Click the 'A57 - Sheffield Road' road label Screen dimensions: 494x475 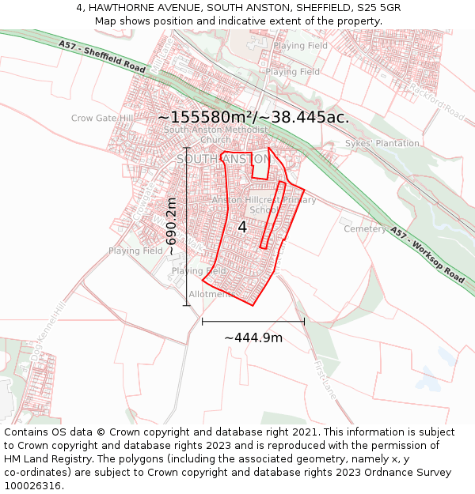click(102, 57)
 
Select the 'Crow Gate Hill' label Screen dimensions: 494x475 click(102, 119)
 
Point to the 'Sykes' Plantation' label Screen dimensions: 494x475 click(382, 144)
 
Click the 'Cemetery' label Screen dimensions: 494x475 click(363, 229)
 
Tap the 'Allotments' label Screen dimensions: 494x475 click(211, 295)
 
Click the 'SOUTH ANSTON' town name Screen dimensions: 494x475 click(223, 159)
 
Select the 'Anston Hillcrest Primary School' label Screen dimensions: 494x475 click(264, 206)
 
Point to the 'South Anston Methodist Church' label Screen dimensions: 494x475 click(215, 134)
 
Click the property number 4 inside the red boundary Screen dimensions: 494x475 click(242, 227)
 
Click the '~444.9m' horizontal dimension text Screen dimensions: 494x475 click(253, 338)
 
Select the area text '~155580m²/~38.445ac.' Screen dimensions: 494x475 click(253, 117)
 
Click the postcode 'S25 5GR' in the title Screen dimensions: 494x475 click(379, 7)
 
